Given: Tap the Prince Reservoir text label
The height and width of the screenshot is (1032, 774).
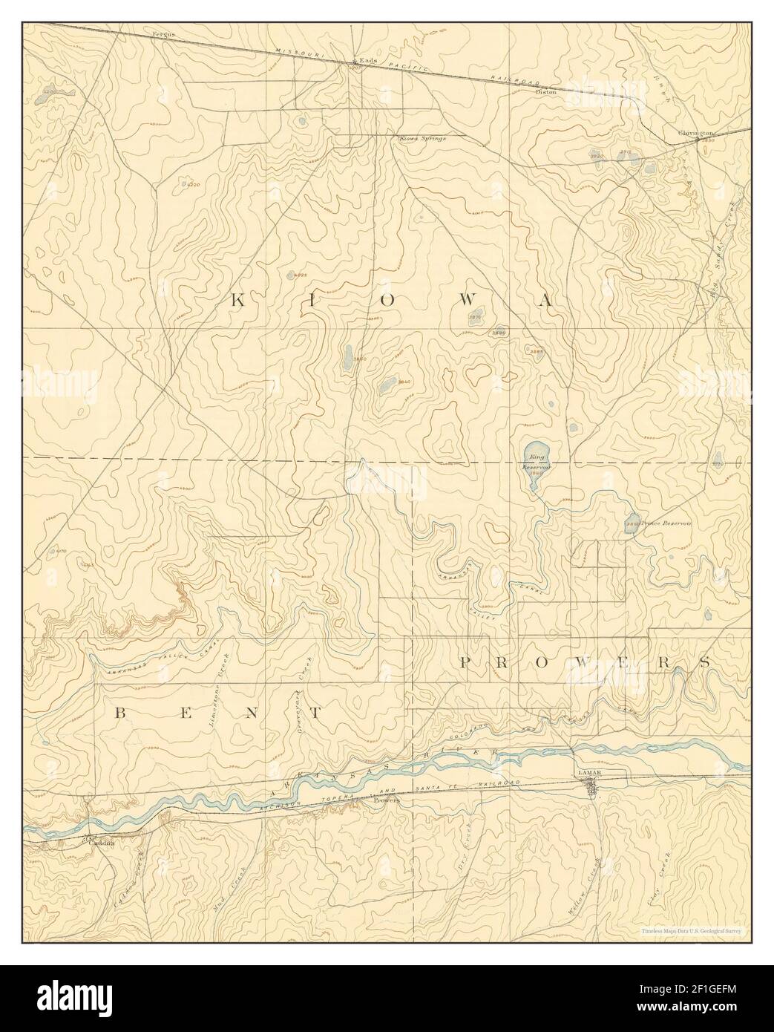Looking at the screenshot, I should (x=666, y=523).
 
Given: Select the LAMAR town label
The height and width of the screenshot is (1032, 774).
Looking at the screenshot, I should (x=591, y=773).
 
